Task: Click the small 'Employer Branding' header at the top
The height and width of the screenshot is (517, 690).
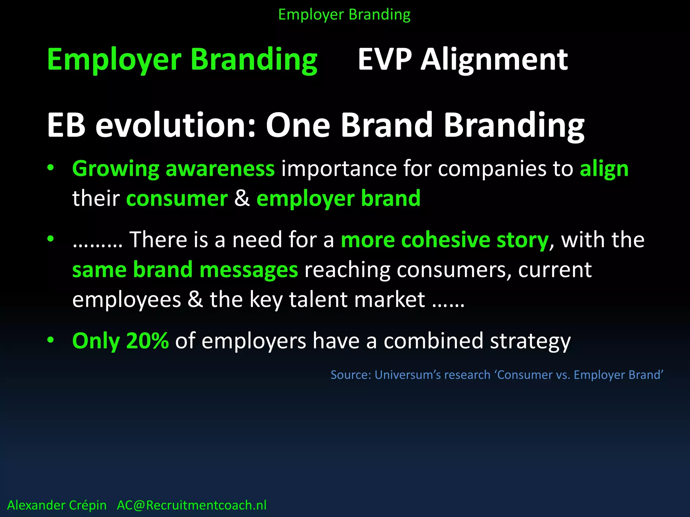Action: pos(344,15)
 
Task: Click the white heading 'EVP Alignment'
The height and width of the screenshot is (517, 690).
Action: pos(463,60)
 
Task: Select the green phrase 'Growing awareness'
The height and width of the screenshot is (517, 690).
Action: pos(173,169)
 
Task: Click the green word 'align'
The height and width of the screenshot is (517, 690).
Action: pos(604,169)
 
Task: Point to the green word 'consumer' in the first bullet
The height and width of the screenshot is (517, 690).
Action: pos(177,199)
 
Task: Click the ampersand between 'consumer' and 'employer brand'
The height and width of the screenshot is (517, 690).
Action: pos(242,199)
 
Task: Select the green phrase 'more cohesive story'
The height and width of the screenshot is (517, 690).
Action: pos(445,240)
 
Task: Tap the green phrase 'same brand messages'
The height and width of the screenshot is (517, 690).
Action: pos(185,270)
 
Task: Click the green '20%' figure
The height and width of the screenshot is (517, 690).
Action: pos(147,341)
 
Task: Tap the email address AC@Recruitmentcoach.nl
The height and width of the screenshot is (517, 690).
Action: pos(191,505)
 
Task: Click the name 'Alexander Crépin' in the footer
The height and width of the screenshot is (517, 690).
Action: pos(57,505)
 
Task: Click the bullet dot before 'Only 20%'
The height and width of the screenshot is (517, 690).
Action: pos(51,340)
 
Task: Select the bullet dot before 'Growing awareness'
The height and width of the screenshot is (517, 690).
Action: pos(51,168)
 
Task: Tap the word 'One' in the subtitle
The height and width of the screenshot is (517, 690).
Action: pos(298,125)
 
